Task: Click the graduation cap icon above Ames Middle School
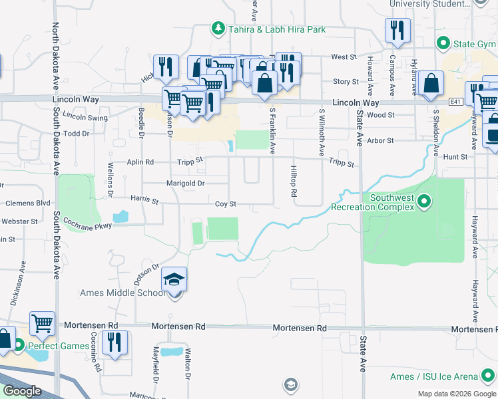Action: (174, 279)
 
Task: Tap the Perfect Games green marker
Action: (19, 346)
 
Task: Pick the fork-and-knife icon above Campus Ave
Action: (397, 30)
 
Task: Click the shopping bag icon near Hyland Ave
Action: (431, 83)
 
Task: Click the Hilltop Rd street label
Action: (293, 182)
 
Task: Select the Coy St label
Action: (226, 204)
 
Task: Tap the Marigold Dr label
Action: (185, 184)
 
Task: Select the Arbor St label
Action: (381, 141)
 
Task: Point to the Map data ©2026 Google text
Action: (456, 394)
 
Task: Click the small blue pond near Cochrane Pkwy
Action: (121, 216)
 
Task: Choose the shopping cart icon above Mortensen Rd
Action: (43, 323)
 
